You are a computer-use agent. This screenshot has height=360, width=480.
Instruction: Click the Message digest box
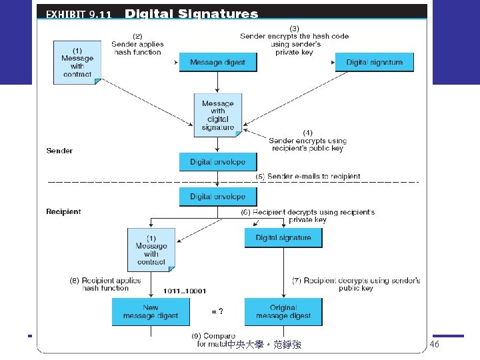tap(217, 63)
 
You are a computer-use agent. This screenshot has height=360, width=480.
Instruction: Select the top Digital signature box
tap(374, 63)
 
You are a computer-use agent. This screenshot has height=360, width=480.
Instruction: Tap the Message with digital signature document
tap(218, 115)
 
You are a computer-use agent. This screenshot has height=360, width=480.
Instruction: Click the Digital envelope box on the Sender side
tap(217, 162)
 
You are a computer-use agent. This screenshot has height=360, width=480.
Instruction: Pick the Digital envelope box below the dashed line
tap(217, 197)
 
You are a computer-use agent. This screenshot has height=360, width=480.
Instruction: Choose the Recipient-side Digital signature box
tap(283, 238)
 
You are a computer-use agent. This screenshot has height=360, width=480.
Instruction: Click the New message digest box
tap(151, 311)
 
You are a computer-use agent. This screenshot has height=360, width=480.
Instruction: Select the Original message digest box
tap(283, 311)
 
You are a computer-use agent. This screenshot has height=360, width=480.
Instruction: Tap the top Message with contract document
tap(77, 62)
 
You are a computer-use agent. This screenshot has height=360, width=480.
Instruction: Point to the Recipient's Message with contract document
tap(151, 249)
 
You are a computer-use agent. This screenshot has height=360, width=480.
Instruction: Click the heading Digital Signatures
tap(191, 13)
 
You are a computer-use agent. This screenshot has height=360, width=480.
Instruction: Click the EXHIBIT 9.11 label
tap(79, 14)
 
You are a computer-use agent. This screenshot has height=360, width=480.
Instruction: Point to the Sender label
tap(59, 151)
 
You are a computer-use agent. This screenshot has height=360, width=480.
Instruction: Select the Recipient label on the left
tap(63, 211)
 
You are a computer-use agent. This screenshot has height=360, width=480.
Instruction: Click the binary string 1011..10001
tap(185, 291)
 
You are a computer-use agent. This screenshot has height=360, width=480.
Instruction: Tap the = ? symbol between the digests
tap(217, 311)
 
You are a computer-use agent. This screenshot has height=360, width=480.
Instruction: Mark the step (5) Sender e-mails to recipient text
tap(308, 177)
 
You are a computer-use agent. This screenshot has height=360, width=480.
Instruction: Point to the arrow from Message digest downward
tap(218, 82)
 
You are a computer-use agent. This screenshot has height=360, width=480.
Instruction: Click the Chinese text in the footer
tap(264, 345)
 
